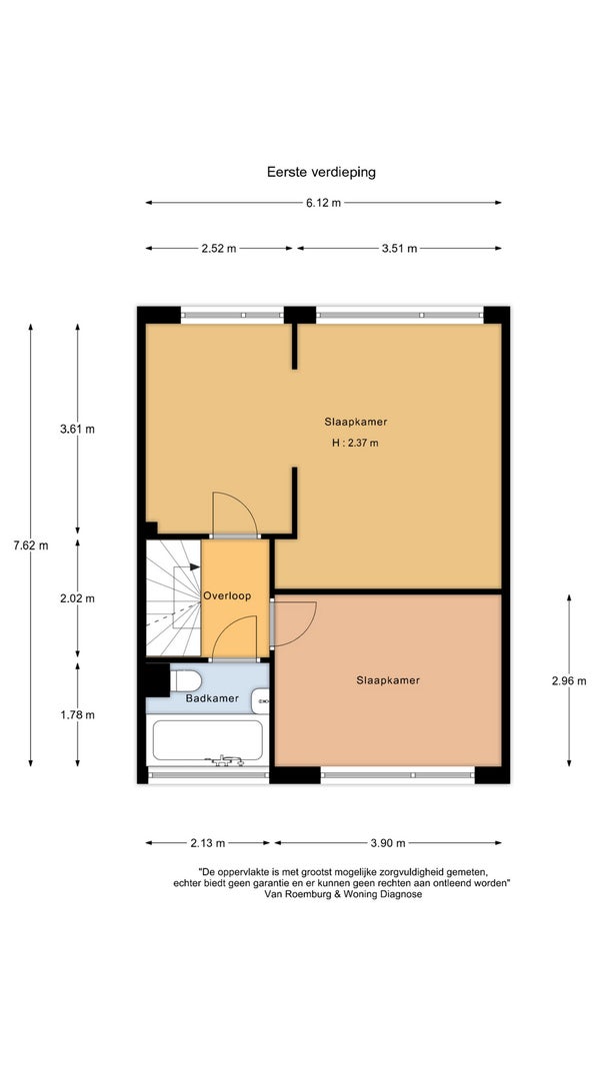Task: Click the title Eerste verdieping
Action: (x=321, y=172)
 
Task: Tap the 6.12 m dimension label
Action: (x=323, y=203)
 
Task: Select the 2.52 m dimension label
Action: (x=218, y=248)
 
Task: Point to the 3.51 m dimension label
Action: (x=399, y=248)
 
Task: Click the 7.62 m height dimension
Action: (x=31, y=544)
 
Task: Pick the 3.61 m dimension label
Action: (x=77, y=429)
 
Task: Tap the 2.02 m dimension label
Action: (x=77, y=598)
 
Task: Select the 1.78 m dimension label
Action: (x=77, y=714)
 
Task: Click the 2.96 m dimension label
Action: (x=569, y=680)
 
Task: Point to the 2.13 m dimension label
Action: (x=207, y=843)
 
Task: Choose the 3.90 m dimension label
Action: (x=388, y=843)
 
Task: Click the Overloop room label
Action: (x=227, y=595)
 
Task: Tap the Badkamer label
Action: (x=212, y=698)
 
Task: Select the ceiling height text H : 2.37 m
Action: (x=355, y=443)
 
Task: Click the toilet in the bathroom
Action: (x=184, y=680)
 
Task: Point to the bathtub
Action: (x=207, y=741)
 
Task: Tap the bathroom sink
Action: (x=261, y=701)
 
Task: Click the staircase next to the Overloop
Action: (x=173, y=598)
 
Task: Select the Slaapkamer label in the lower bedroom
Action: (x=388, y=679)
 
